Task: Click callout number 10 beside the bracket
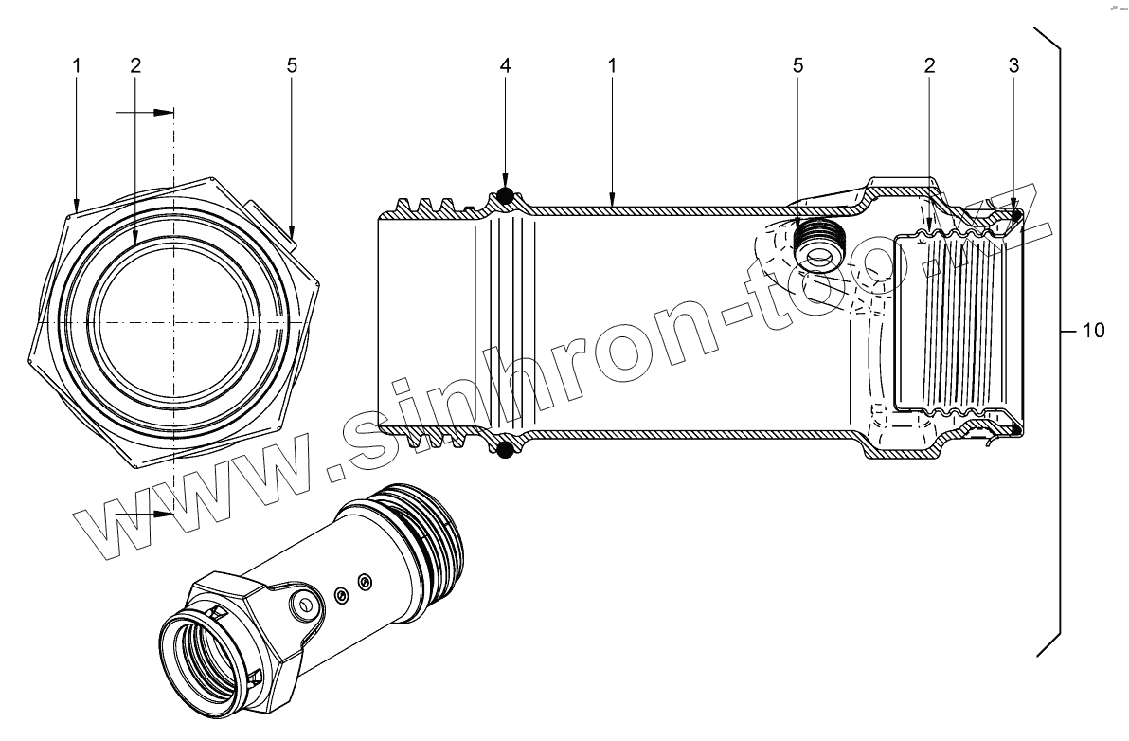pos(1093,331)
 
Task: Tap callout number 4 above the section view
pos(506,65)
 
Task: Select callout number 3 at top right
pos(1013,65)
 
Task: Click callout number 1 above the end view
pos(77,65)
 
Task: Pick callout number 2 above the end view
pos(135,65)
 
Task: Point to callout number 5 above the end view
pos(292,65)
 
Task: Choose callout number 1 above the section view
pos(612,65)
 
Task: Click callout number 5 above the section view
pos(797,65)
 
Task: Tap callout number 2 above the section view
pos(929,65)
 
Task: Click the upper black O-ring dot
pos(506,195)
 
